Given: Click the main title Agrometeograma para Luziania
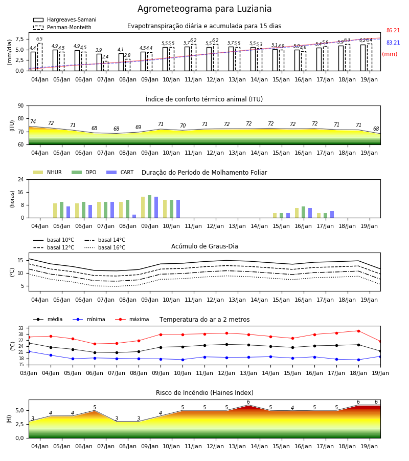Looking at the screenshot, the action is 204,9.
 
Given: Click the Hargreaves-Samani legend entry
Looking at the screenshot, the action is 64,19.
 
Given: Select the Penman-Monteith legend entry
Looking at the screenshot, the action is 62,27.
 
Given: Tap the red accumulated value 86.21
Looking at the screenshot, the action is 393,30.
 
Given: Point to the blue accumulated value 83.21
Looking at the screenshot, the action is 393,43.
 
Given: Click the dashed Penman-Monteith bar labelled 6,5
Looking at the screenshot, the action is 40,57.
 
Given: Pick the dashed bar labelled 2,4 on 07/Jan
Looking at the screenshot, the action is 106,66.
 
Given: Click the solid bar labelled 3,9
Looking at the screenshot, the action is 99,62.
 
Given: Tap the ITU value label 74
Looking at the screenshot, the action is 33,121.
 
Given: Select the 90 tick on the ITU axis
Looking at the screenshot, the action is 21,106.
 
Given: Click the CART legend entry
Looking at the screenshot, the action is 120,172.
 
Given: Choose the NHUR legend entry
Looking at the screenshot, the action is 48,172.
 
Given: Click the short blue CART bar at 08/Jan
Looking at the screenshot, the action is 134,216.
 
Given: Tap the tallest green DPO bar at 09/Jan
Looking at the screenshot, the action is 150,206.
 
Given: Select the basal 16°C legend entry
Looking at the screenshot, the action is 105,247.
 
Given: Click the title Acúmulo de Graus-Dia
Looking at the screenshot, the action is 204,246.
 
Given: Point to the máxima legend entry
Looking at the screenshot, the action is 132,319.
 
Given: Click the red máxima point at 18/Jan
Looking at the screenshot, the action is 358,331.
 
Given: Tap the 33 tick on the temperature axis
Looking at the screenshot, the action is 21,328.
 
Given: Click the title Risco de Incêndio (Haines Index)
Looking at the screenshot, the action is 204,393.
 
